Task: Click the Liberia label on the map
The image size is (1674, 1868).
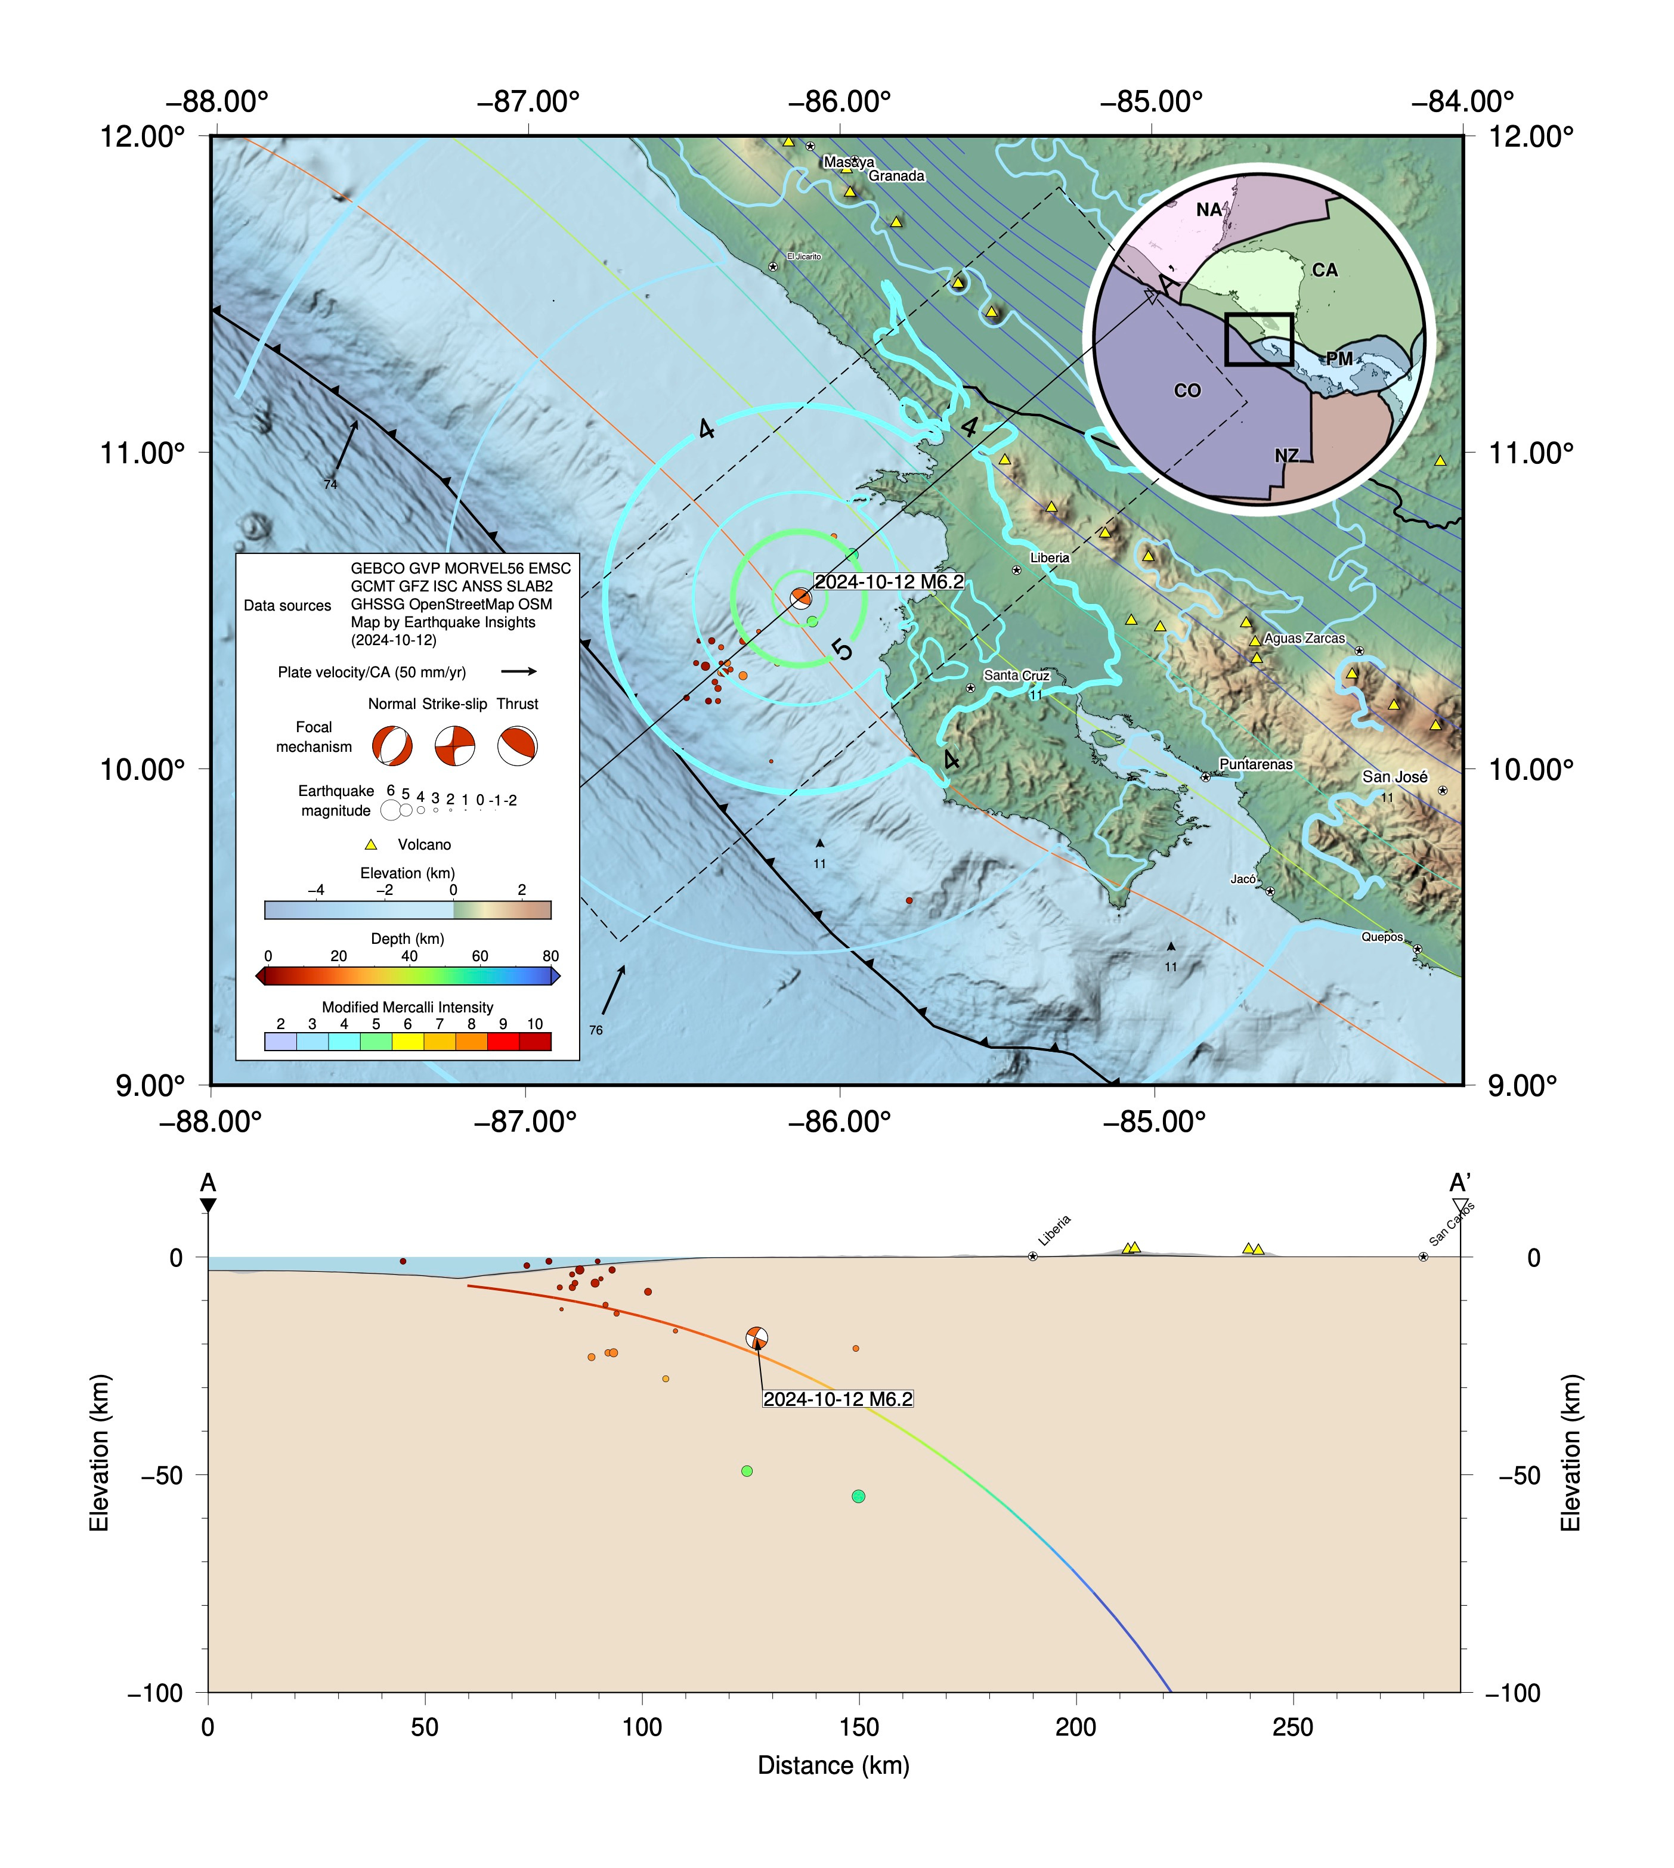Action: point(1050,557)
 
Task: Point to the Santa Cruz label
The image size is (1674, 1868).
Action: point(1016,675)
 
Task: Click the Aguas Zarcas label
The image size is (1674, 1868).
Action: point(1304,639)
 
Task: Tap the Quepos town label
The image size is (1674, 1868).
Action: point(1382,937)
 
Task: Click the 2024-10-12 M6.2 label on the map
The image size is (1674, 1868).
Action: point(889,582)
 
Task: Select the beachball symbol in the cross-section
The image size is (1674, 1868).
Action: point(756,1338)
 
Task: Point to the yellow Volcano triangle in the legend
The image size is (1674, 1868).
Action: point(372,844)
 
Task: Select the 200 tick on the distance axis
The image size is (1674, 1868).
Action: point(1075,1728)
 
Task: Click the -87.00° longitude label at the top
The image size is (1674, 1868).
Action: point(528,101)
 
